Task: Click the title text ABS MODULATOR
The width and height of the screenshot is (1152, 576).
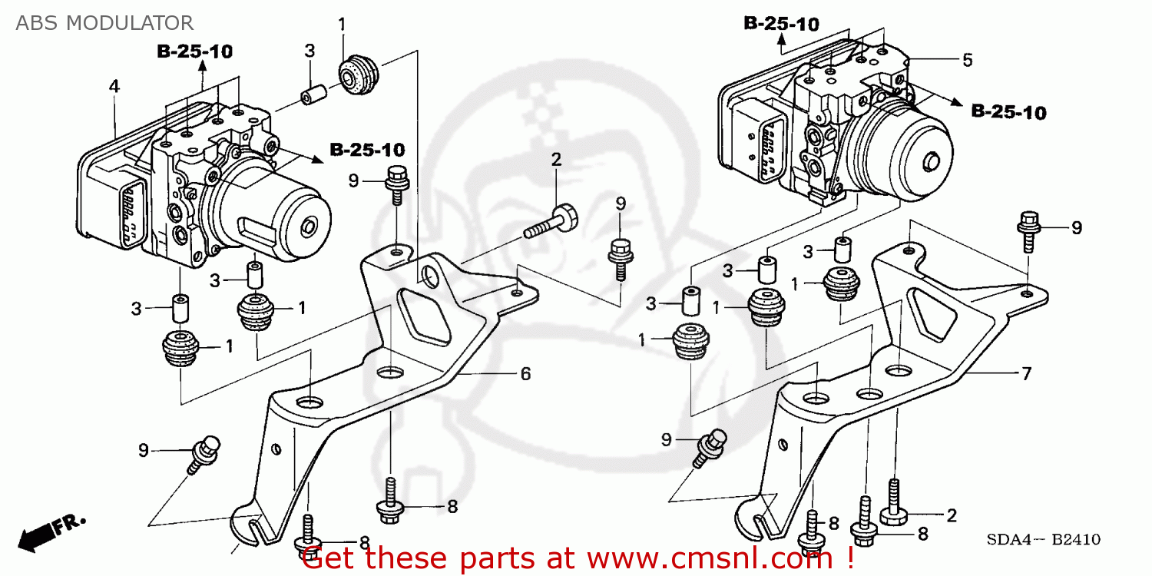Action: coord(104,22)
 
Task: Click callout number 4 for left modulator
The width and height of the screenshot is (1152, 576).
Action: coord(114,87)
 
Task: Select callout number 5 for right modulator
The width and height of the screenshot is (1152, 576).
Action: coord(968,59)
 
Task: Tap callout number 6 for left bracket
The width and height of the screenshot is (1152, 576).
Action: coord(525,374)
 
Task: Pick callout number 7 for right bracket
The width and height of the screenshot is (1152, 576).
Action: coord(1026,374)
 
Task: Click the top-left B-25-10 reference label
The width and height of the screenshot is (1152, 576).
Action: coord(195,51)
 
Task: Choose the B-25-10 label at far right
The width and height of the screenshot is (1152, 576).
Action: coord(1008,112)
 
